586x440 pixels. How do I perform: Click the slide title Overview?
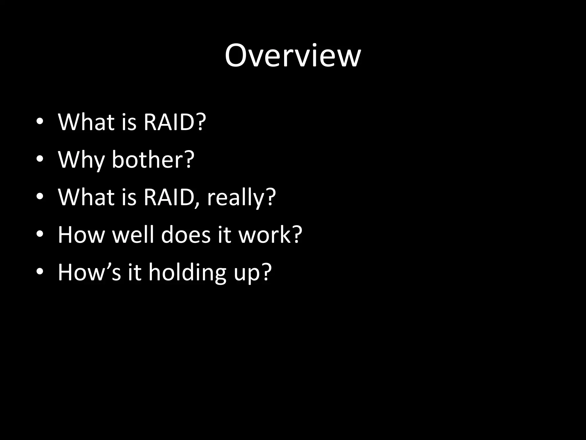[293, 56]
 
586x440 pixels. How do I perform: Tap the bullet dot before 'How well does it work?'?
[40, 234]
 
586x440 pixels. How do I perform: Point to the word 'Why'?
[81, 160]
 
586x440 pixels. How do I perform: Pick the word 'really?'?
[241, 198]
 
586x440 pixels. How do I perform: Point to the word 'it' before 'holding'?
[134, 272]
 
